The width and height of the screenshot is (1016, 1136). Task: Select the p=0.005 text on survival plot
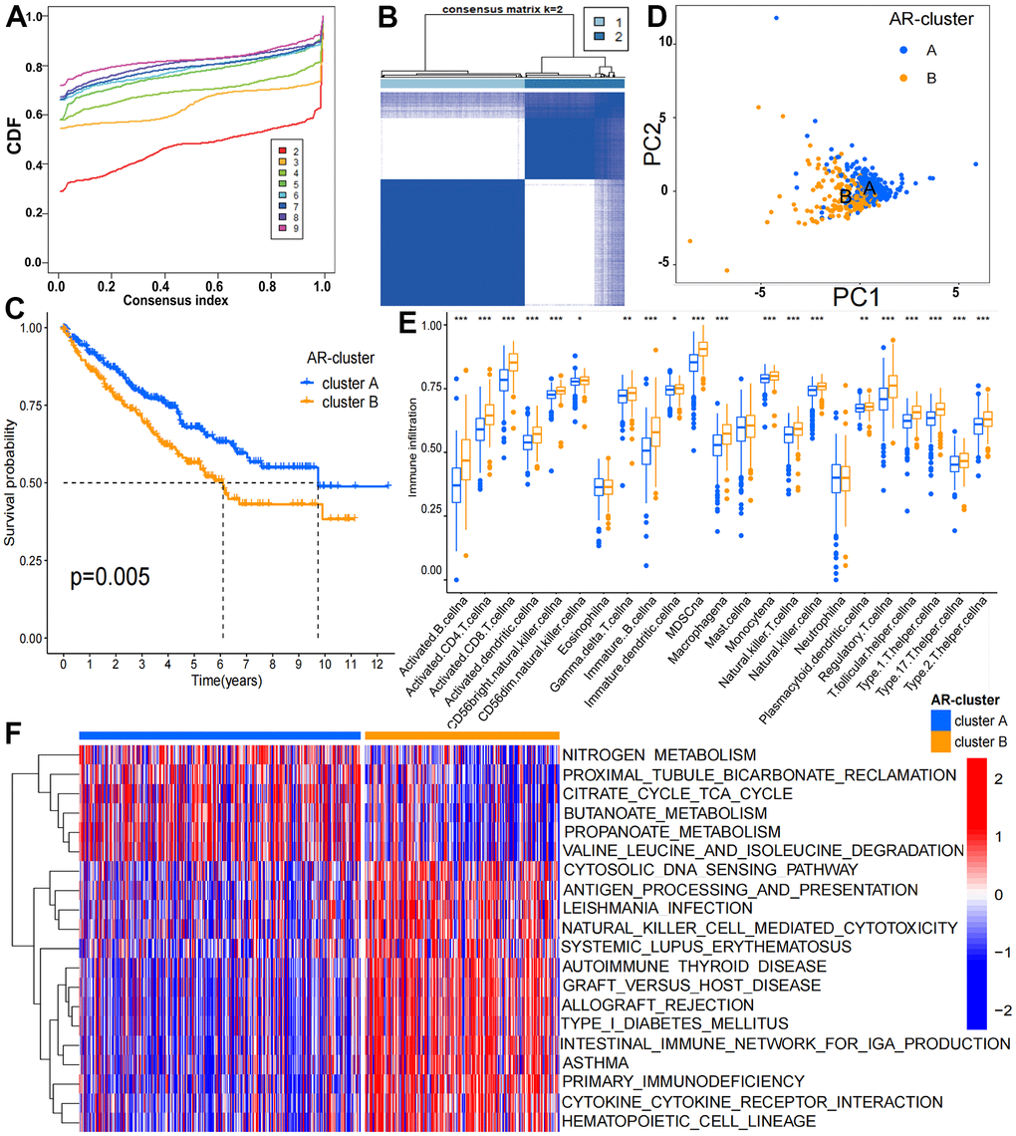(x=110, y=575)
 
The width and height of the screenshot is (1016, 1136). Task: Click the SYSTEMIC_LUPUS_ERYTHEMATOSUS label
(x=706, y=946)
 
